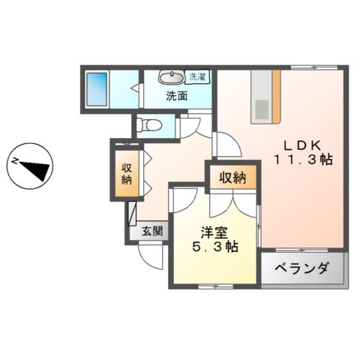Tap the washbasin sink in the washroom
tap(172, 78)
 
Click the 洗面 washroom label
tap(177, 96)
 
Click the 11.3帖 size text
tap(302, 160)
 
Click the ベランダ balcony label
tap(301, 268)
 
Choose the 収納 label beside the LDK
tap(232, 178)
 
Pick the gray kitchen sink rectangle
tap(260, 108)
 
